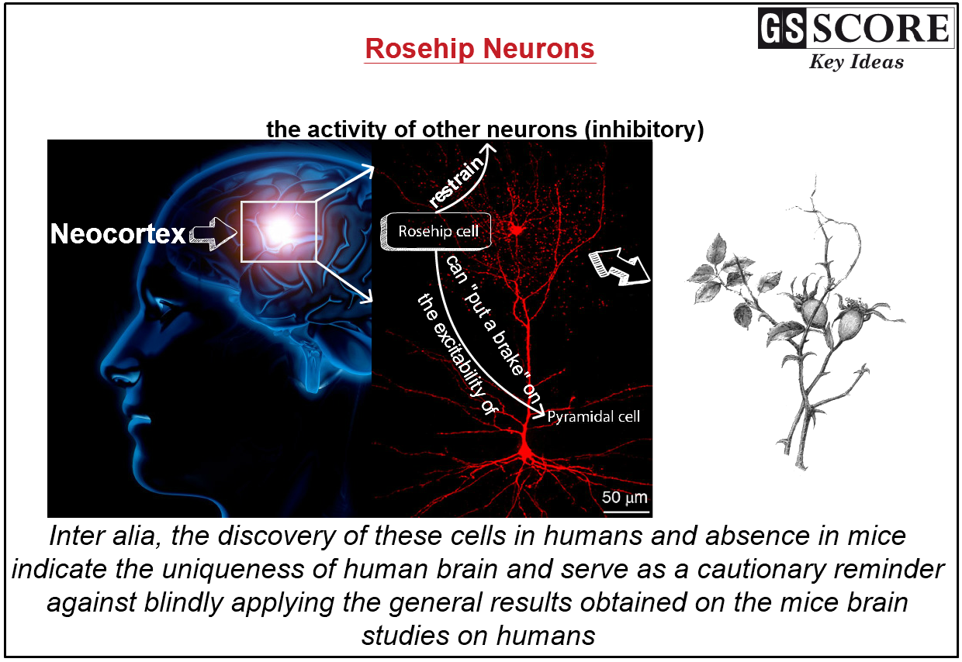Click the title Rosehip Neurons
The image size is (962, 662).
coord(479,49)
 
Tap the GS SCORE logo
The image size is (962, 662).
coord(854,29)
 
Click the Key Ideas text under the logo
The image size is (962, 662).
coord(856,63)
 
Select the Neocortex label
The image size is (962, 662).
coord(118,233)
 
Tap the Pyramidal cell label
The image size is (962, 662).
coord(593,416)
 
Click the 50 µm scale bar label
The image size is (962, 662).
coord(625,496)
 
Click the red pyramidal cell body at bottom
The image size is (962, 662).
coord(525,448)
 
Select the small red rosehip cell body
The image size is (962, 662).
coord(517,228)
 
